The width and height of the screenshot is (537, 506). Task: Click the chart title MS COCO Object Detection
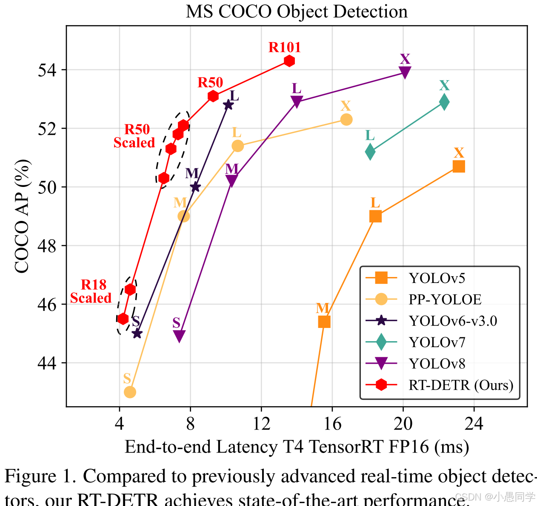[297, 11]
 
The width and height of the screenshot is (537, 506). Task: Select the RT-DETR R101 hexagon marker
[289, 61]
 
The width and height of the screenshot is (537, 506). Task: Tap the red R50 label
[210, 82]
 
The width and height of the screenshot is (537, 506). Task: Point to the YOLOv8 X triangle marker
[405, 72]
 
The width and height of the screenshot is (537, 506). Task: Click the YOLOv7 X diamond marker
[444, 102]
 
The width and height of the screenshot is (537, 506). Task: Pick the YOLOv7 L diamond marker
[370, 152]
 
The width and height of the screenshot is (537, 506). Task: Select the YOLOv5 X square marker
[459, 166]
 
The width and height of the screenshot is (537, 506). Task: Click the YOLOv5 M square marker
[324, 322]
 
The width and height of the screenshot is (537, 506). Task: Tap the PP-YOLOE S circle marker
[130, 392]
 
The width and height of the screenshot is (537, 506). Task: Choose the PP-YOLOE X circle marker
[346, 119]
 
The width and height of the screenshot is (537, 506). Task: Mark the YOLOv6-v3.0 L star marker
[229, 105]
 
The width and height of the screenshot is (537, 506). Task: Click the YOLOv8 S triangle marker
[180, 336]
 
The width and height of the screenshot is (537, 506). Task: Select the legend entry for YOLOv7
[437, 342]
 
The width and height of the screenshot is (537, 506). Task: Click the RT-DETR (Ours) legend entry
[461, 385]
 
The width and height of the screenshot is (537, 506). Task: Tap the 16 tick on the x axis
[332, 424]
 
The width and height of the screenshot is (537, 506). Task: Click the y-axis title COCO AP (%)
[22, 216]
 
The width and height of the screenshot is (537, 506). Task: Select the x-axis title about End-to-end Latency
[297, 447]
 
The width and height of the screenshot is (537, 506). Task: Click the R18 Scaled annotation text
[91, 291]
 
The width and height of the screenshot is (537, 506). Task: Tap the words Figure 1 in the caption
[40, 476]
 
